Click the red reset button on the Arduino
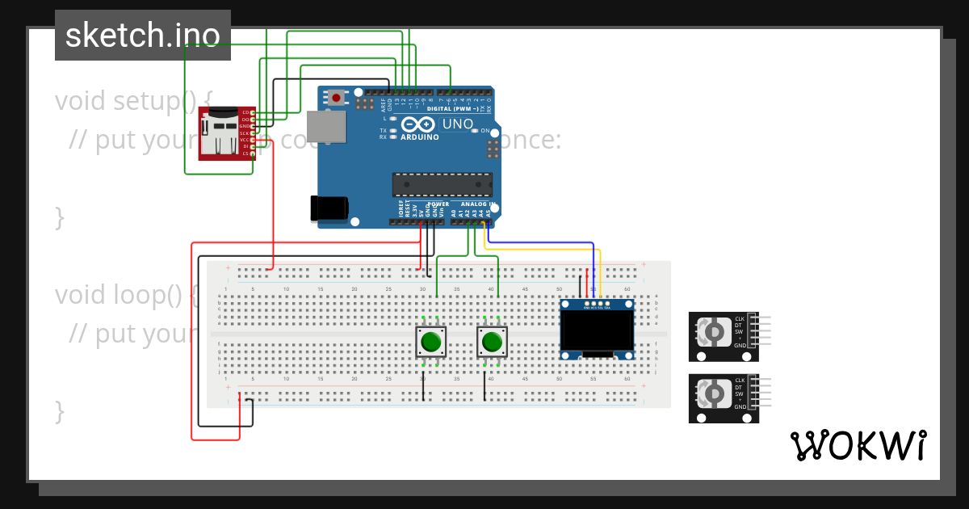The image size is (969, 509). coord(336,98)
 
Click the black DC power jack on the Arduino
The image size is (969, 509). coord(329,208)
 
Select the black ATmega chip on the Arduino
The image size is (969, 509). coord(442,185)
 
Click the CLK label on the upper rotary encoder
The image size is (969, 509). coord(739,319)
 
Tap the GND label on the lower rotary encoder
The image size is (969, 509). coord(740,407)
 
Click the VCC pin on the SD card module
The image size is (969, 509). coord(245,140)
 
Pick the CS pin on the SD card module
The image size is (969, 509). coord(245,153)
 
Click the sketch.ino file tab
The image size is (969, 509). coord(143,36)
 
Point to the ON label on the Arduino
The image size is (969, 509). coord(485,130)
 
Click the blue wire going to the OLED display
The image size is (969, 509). coord(549,242)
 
